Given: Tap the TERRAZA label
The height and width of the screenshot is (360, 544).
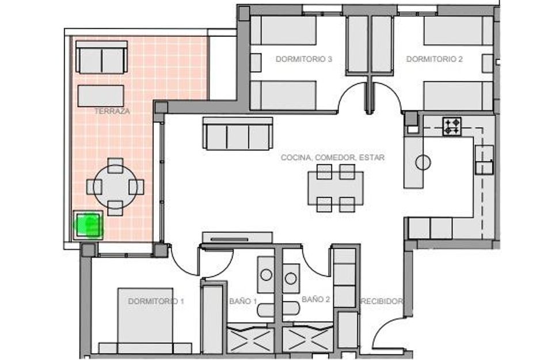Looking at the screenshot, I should (112, 111).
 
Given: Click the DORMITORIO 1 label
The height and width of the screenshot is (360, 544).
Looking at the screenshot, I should (156, 301).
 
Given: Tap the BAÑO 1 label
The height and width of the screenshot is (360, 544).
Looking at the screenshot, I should (243, 301).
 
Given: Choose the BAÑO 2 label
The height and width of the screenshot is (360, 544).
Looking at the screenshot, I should (315, 300).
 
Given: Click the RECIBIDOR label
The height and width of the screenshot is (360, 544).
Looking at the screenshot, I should (382, 301).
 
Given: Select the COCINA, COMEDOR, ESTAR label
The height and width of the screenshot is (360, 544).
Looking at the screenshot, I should (333, 157).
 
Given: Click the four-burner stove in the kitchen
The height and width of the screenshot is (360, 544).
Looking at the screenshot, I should (452, 126).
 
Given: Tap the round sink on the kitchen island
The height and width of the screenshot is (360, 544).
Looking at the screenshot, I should (423, 162).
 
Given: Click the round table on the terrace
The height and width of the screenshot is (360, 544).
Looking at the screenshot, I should (116, 187).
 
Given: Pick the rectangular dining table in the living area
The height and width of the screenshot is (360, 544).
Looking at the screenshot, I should (336, 188).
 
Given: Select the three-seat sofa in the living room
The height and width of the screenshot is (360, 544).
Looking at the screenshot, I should (237, 134).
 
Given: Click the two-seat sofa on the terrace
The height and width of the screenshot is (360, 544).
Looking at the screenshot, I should (101, 57).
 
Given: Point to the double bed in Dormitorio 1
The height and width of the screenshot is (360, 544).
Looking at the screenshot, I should (145, 320).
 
